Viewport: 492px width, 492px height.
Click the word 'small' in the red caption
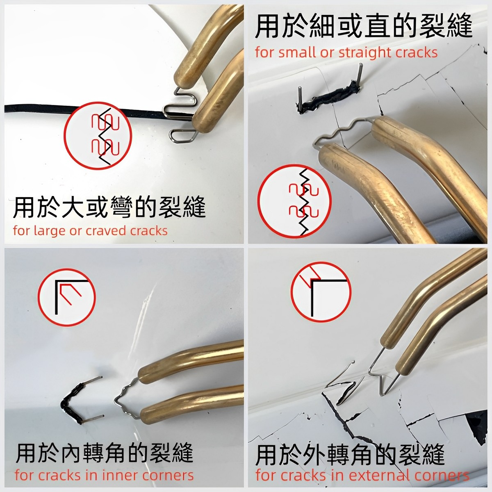[296, 52]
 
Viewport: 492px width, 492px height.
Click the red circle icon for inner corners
[67, 298]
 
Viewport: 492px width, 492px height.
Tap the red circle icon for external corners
[321, 293]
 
